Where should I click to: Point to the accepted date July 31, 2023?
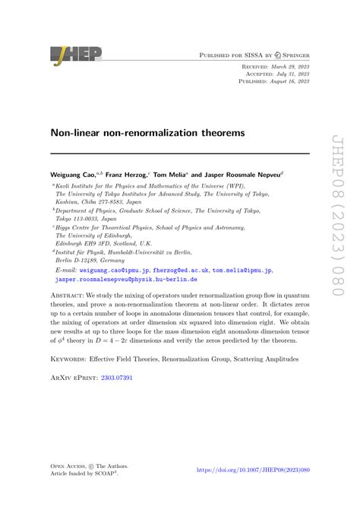290,74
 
